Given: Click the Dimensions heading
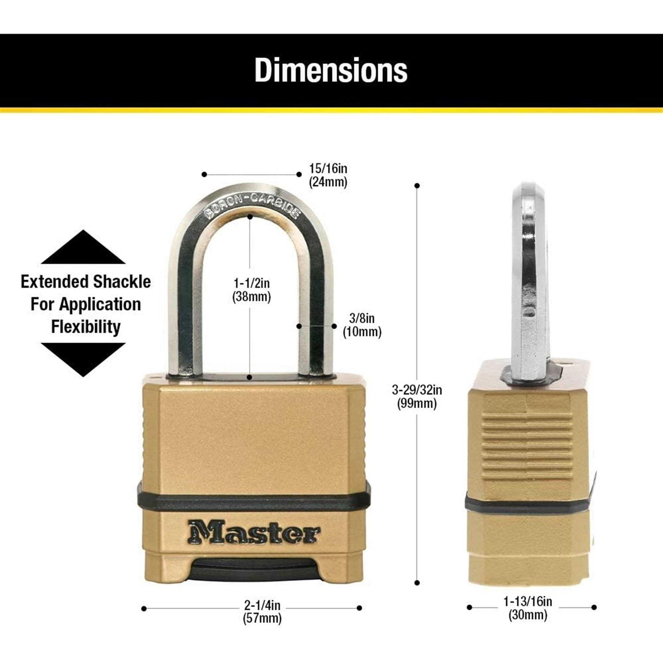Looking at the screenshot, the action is [x=331, y=70].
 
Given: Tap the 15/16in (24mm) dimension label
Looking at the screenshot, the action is [x=328, y=175].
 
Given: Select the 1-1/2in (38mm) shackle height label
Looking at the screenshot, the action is [x=251, y=290].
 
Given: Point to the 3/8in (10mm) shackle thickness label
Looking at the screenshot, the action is [x=362, y=325].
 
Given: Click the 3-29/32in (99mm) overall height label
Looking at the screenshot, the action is [x=417, y=396].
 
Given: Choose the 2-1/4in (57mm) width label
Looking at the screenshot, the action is [x=262, y=611].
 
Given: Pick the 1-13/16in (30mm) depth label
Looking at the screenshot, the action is [x=528, y=608].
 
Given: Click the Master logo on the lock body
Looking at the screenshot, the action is [x=253, y=532].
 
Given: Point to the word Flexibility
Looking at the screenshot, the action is [x=86, y=327].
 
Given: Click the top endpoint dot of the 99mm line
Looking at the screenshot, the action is [x=417, y=186].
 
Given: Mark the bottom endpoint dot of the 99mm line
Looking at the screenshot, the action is [x=417, y=583].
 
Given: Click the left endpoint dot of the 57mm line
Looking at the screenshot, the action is [x=144, y=609].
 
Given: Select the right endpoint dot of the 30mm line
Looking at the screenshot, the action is [x=594, y=607].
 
